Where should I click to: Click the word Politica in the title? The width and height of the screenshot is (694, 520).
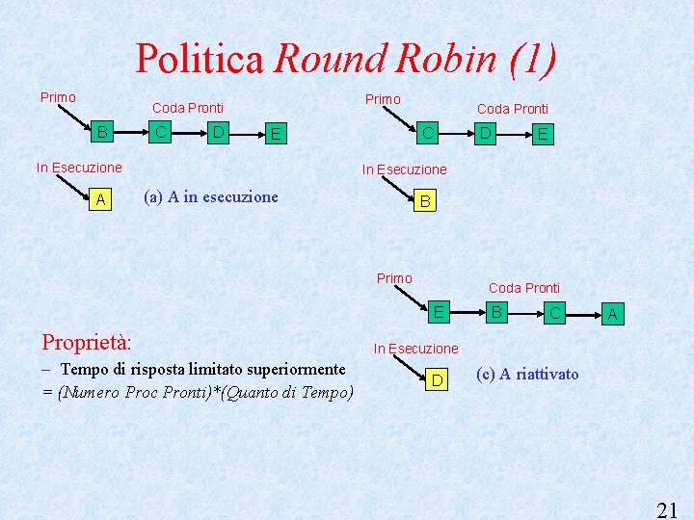tap(199, 59)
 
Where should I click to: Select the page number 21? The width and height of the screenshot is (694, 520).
tap(667, 509)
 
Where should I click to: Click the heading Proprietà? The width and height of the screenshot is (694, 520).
tap(87, 342)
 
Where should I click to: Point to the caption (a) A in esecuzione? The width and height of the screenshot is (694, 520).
tap(210, 197)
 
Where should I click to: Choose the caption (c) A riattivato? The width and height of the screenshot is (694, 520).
tap(528, 374)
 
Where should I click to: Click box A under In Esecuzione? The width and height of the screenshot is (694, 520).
tap(100, 199)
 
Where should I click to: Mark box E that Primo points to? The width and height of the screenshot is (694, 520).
tap(439, 311)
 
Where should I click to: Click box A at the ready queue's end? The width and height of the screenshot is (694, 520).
tap(612, 313)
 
